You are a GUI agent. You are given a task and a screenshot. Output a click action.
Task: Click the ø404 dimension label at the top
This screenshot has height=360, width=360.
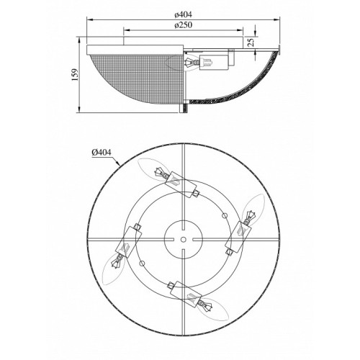coord(184,14)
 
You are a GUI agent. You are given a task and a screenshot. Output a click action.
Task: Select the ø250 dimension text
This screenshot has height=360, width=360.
coord(184,25)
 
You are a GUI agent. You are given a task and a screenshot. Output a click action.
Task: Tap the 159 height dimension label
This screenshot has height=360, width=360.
coord(76,75)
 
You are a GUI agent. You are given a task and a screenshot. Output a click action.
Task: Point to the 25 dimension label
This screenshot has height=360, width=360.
coord(251,42)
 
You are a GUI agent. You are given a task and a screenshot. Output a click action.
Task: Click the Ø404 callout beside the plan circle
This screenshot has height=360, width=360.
coord(102,152)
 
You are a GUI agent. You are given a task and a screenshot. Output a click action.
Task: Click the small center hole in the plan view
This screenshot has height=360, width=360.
coord(184,239)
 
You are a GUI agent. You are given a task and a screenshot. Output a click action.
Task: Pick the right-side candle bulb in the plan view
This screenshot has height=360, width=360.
coord(253,208)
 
